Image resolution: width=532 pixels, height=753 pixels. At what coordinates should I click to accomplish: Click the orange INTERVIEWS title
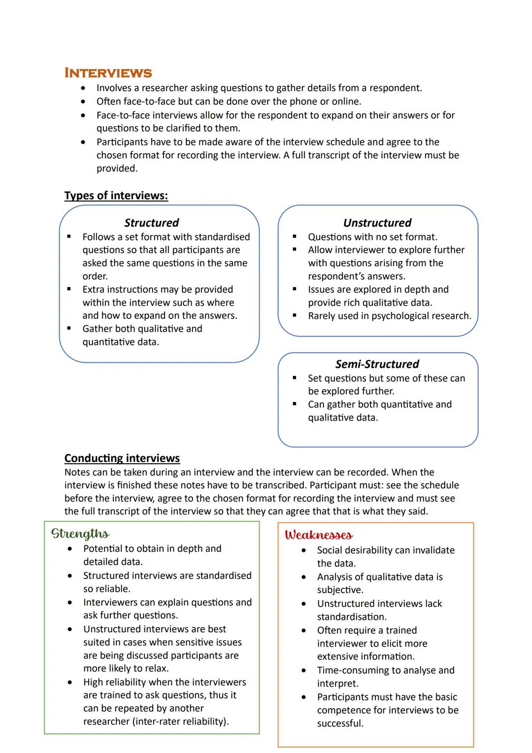pos(108,73)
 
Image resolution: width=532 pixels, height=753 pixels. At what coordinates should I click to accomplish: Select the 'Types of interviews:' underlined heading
pos(116,196)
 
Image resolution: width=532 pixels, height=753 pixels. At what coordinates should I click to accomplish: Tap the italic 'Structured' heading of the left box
pos(151,223)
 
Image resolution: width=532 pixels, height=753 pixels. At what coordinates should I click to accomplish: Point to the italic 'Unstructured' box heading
pos(377,223)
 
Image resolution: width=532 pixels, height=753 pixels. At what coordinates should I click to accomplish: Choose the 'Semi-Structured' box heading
pos(377,364)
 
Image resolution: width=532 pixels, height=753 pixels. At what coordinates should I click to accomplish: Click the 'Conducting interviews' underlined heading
pos(122,458)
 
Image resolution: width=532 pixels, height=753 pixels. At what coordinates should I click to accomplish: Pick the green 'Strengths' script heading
pos(80,534)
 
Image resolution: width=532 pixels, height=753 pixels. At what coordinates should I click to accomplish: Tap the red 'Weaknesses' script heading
pos(319,535)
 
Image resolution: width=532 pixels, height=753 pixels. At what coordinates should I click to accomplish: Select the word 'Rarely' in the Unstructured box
pos(323,316)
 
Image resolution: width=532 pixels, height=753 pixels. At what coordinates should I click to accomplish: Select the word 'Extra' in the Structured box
pos(95,289)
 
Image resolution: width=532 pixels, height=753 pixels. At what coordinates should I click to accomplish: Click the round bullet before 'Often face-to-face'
pos(84,102)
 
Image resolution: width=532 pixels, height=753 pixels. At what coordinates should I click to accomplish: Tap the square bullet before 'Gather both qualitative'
pos(69,329)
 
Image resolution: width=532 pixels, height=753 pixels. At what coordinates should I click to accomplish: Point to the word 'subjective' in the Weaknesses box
pos(339,590)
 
